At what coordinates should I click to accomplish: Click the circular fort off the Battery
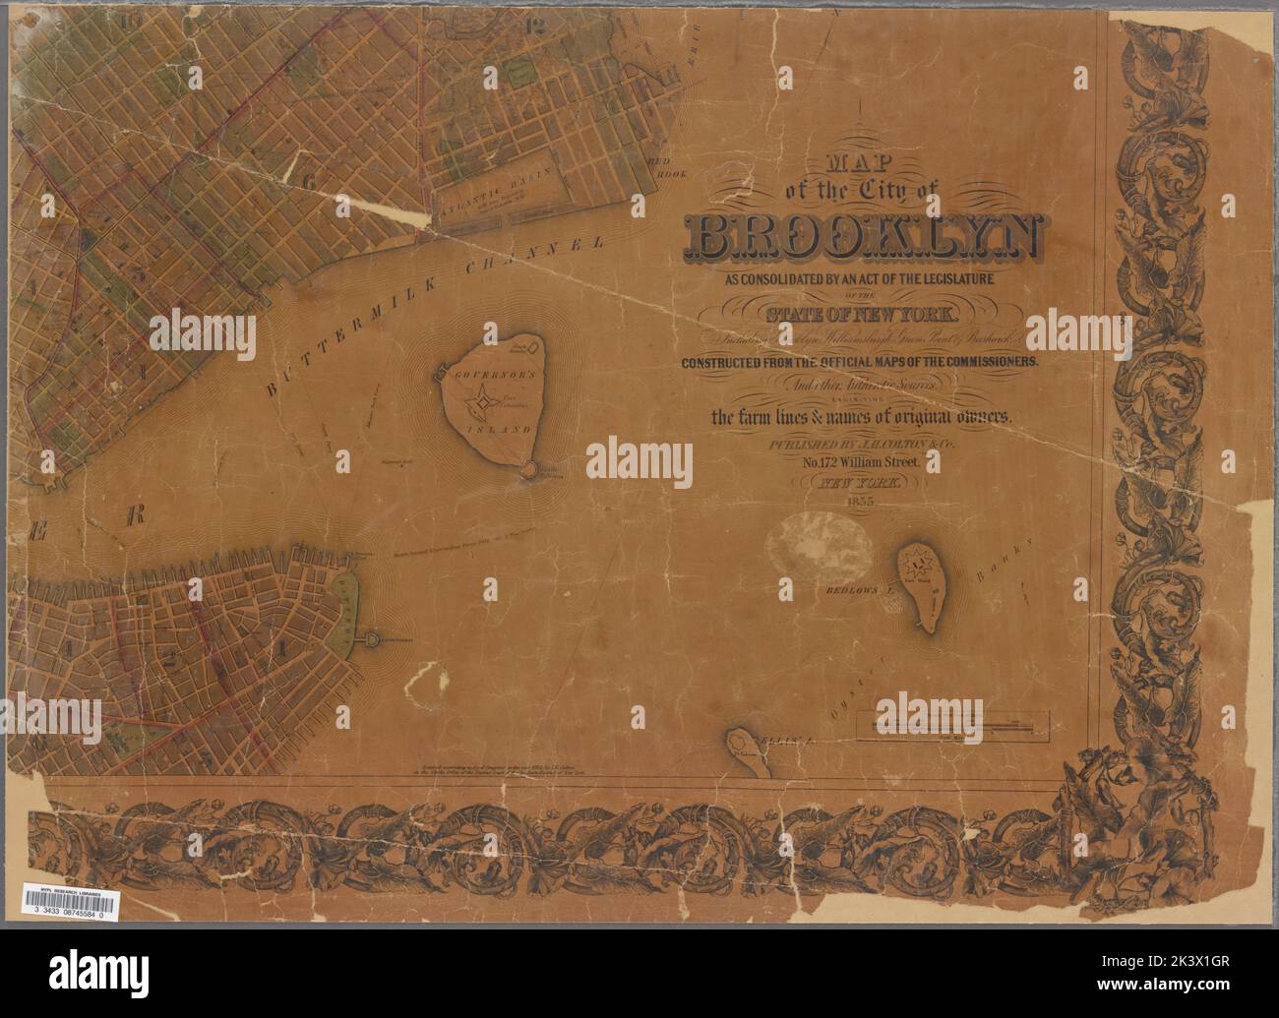click(x=373, y=640)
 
